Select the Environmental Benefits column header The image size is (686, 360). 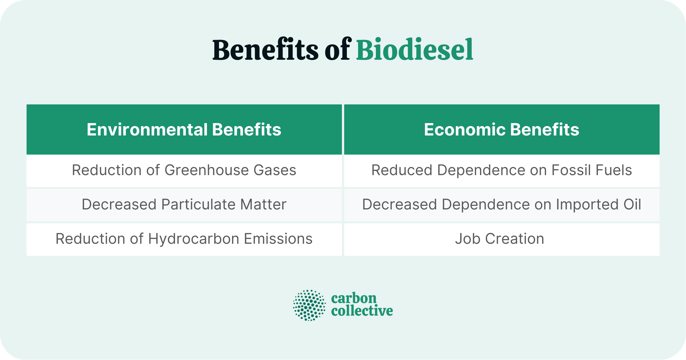tap(184, 130)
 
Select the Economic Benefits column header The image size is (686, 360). tap(502, 130)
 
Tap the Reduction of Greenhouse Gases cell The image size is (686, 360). tap(184, 170)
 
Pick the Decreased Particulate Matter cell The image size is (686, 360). tap(184, 205)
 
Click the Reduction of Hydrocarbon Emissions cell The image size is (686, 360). tap(184, 239)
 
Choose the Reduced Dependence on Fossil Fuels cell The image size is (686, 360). tap(502, 170)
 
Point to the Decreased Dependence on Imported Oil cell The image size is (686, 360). tap(502, 205)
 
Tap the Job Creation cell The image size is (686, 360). tap(500, 239)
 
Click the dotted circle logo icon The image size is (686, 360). tap(309, 305)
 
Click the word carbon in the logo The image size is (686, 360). tap(354, 298)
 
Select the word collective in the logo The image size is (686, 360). tap(362, 311)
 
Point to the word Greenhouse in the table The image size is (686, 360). tap(207, 170)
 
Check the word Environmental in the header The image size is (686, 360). tap(147, 130)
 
